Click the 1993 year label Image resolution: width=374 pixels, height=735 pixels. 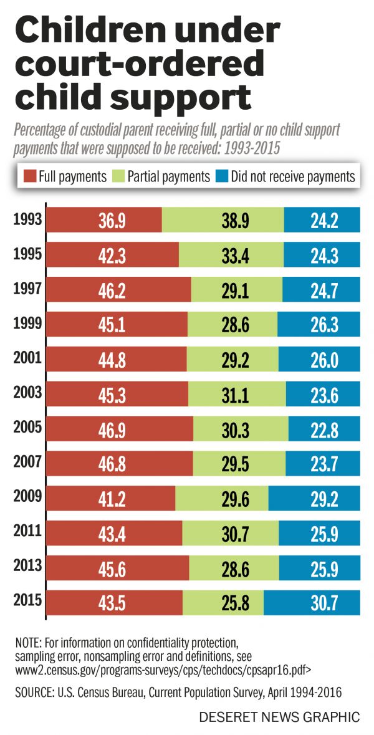click(x=26, y=219)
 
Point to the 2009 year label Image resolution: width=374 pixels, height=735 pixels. click(x=26, y=497)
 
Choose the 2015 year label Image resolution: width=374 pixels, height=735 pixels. click(x=26, y=601)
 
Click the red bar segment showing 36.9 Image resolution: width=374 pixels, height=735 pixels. click(x=105, y=220)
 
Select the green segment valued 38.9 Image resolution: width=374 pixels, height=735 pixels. click(x=223, y=220)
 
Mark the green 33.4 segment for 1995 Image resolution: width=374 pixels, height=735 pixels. click(x=231, y=255)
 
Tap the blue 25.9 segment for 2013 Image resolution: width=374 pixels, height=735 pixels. click(x=319, y=568)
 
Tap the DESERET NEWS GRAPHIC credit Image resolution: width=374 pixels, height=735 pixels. click(x=279, y=718)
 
